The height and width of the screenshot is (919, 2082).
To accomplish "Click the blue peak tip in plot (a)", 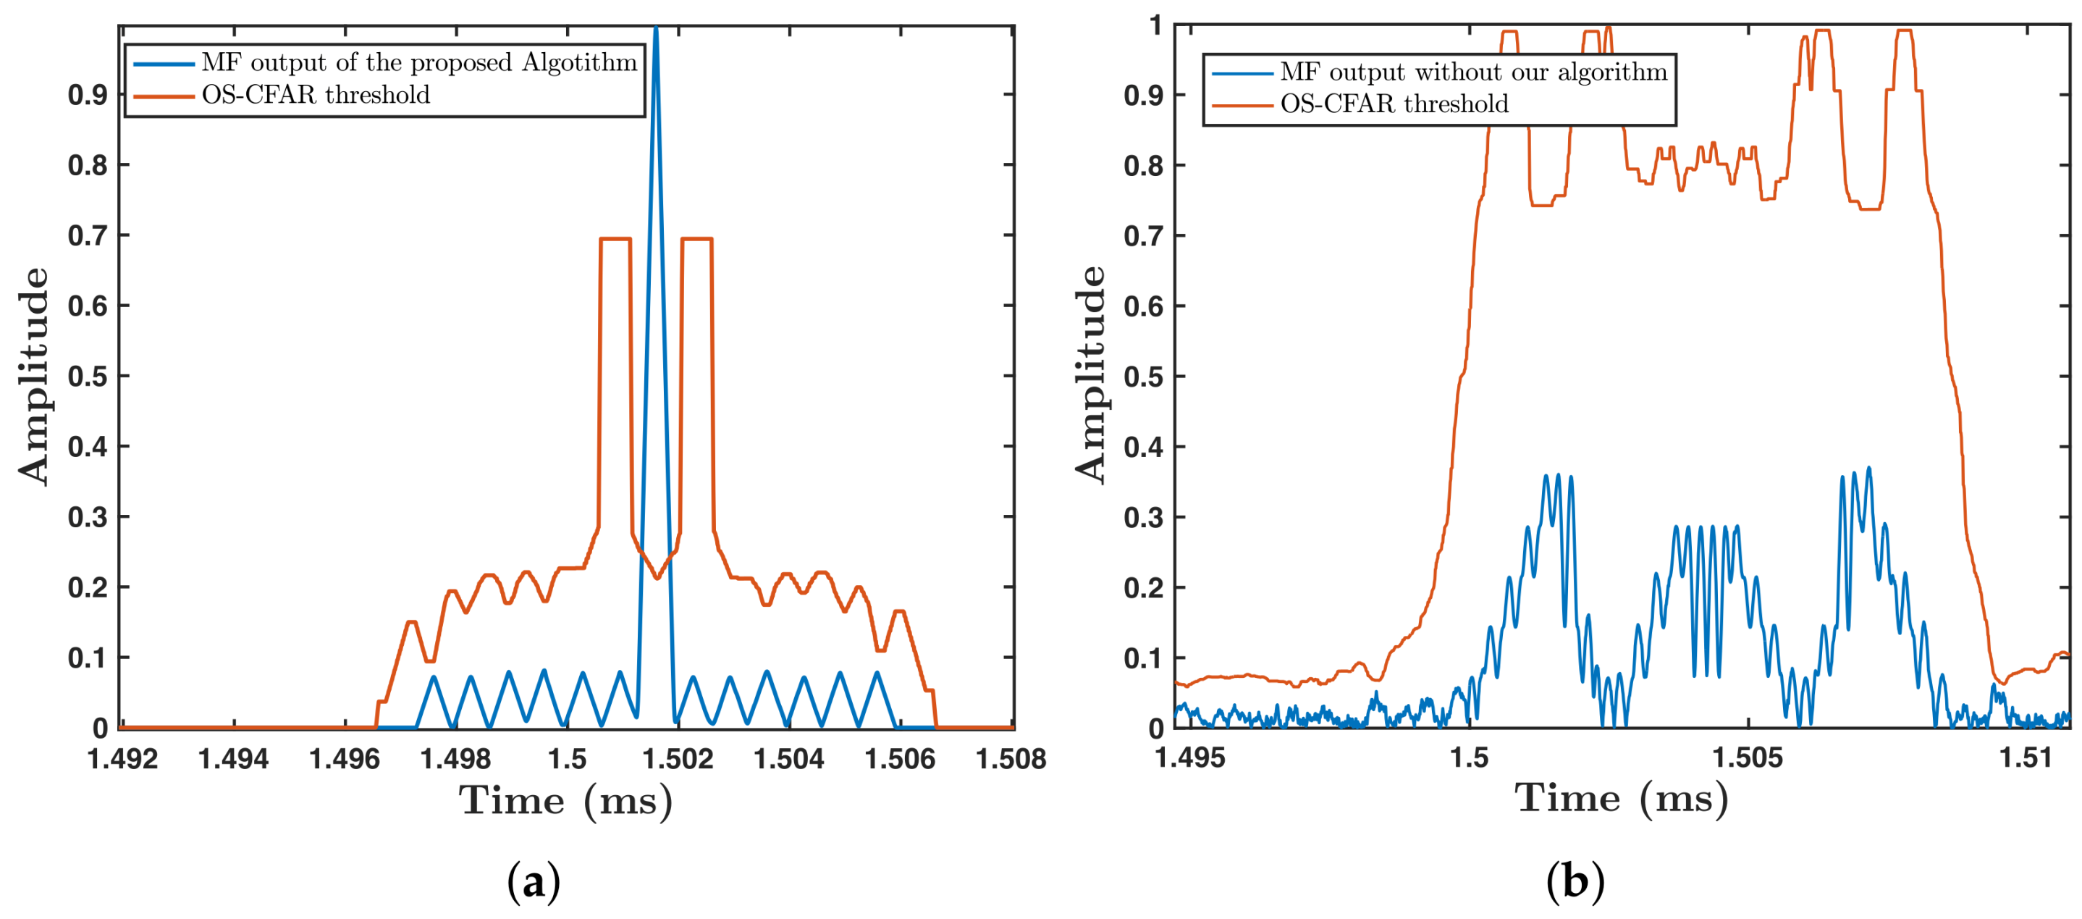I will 655,29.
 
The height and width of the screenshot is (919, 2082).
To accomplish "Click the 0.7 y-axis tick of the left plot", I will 88,236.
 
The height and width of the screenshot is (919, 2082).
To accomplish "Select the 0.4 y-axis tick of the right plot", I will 1143,447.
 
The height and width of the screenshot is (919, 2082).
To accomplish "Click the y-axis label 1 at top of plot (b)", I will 1156,26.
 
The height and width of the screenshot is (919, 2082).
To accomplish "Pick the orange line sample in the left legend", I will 164,96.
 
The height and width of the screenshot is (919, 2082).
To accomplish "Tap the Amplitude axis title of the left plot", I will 33,376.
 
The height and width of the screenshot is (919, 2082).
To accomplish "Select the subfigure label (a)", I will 534,882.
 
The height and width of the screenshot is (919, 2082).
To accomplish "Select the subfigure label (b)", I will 1575,882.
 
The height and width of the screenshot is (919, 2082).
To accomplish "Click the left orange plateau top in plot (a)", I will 615,238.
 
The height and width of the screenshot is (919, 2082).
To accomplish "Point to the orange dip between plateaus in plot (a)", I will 657,577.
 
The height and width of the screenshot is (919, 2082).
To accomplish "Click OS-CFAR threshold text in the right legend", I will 1394,104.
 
